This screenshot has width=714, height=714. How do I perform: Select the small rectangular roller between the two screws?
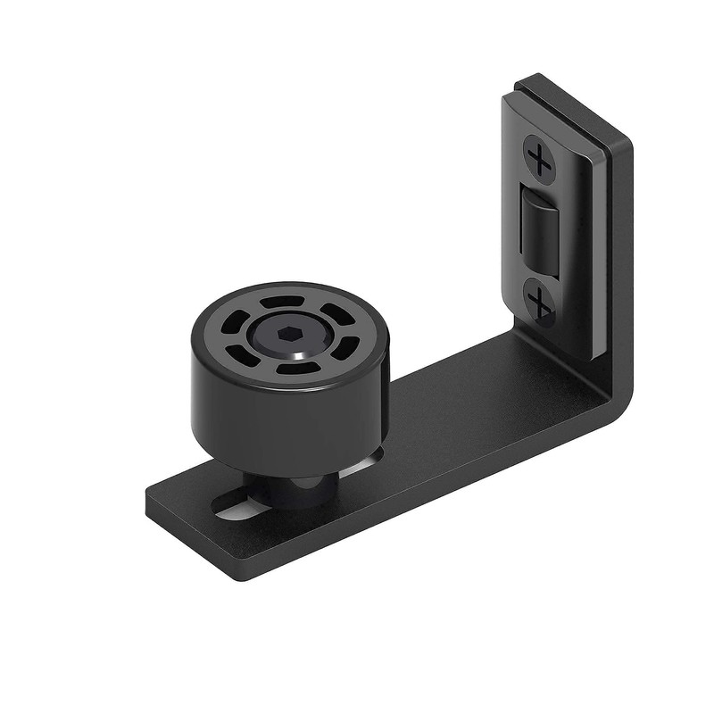click(535, 230)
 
